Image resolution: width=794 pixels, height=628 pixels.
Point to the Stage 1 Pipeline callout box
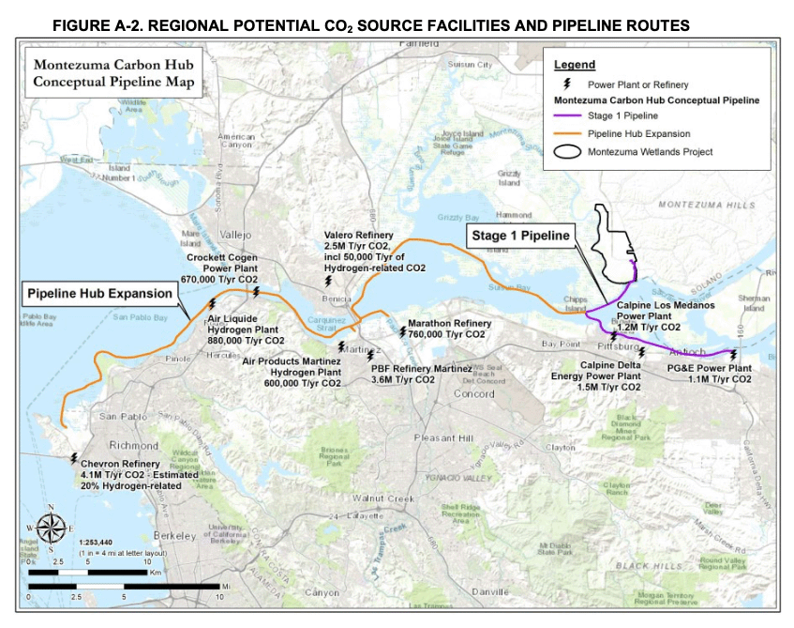[520, 236]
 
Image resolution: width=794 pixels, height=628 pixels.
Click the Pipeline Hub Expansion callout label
[100, 294]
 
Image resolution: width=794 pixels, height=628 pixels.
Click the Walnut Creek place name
[382, 498]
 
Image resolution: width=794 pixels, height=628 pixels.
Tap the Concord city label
[473, 393]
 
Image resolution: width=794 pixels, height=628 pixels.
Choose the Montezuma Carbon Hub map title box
[115, 74]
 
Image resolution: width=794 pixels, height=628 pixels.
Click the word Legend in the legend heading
[575, 65]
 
